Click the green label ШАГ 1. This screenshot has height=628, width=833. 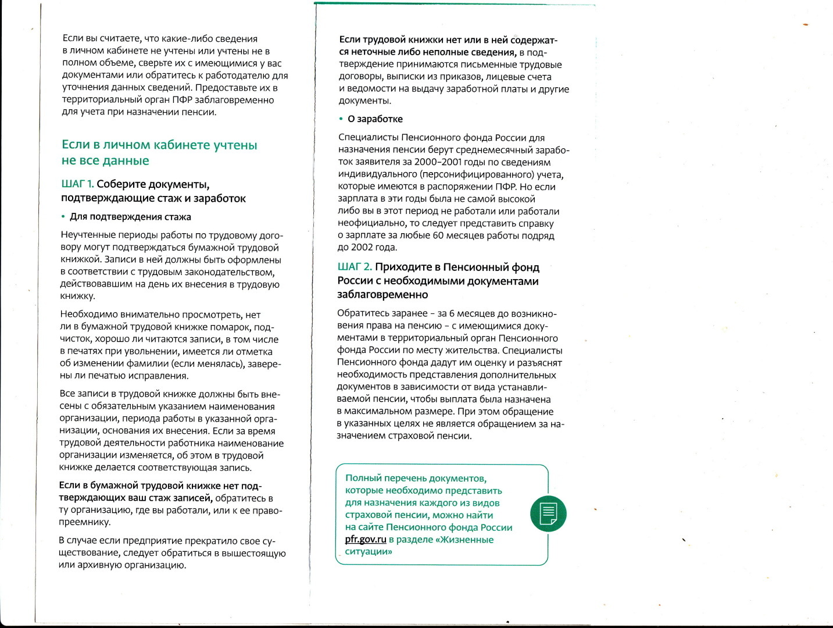pos(77,184)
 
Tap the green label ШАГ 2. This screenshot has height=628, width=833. pos(354,267)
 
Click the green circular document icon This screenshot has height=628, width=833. pos(548,513)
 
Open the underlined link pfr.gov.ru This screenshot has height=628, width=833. pos(366,539)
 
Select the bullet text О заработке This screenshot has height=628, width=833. pos(375,119)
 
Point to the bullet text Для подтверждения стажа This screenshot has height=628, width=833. pos(130,217)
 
